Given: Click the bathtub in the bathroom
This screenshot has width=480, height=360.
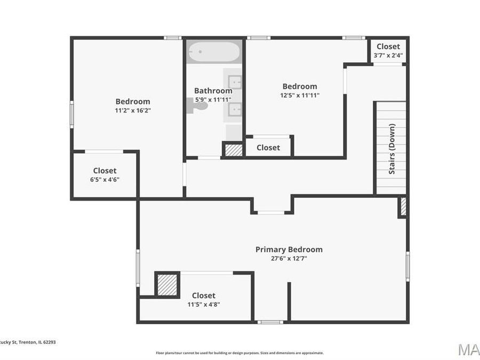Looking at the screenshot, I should (214, 52).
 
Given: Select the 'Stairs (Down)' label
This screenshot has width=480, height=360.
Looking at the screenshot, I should (392, 149).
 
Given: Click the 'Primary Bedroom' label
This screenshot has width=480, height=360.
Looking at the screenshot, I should (289, 249).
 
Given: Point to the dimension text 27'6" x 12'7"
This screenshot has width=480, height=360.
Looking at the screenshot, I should (289, 258).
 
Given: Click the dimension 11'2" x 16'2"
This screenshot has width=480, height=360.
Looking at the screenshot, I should (133, 110).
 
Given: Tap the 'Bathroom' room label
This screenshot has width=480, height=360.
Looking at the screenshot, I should (213, 91).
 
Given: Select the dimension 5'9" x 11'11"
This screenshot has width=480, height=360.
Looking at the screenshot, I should (212, 99).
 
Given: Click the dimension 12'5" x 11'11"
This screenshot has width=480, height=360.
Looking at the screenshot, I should (299, 95).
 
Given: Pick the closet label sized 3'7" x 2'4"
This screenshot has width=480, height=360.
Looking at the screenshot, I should (388, 46).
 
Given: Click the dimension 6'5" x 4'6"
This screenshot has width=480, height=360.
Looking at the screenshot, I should (105, 179).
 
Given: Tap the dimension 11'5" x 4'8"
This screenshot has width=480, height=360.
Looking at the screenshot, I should (204, 305).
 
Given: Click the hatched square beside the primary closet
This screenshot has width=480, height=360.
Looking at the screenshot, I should (167, 284).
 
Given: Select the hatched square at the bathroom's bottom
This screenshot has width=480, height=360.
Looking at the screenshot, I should (233, 150).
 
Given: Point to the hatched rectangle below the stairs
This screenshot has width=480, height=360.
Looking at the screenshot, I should (403, 206).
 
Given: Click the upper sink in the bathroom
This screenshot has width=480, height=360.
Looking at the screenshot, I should (235, 82).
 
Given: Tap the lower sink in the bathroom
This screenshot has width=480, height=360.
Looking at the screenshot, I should (235, 109).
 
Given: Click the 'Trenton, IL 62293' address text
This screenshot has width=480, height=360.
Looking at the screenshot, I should (35, 342).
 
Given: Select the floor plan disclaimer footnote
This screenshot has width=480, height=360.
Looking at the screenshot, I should (239, 353).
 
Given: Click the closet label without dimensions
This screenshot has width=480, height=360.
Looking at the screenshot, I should (268, 148).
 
